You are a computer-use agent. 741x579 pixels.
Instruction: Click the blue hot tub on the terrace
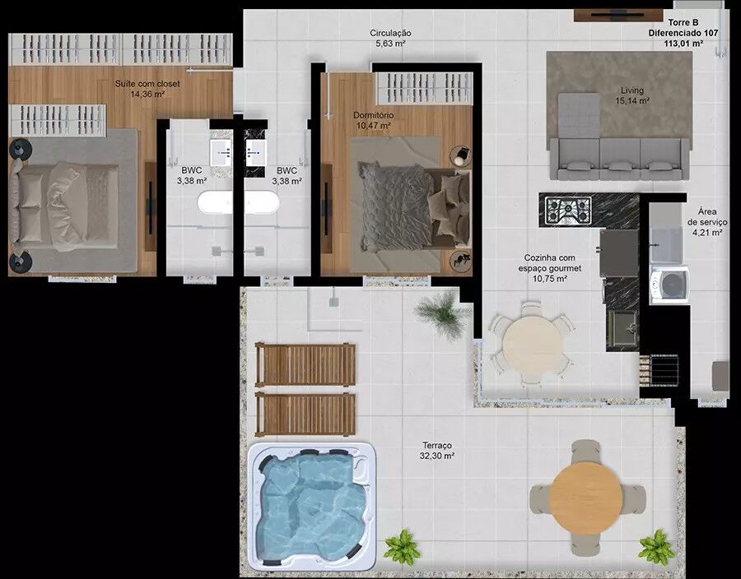312,506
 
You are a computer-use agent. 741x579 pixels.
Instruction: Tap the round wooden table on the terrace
586,497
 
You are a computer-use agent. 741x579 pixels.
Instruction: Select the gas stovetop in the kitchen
568,211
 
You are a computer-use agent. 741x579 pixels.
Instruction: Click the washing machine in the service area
669,285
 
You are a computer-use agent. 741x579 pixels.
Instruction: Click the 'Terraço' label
437,445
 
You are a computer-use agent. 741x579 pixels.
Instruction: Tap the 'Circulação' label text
390,33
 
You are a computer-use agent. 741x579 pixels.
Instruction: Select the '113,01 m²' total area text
683,44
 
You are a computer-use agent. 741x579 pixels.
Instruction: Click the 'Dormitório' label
373,114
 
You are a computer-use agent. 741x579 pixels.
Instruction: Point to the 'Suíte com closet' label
147,84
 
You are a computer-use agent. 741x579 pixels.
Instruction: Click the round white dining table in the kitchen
533,343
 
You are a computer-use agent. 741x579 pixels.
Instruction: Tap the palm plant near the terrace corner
441,313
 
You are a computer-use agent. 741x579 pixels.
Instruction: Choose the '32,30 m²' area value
437,456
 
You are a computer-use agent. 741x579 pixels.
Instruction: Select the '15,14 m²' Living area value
632,100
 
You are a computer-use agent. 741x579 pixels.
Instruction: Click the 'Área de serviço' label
707,222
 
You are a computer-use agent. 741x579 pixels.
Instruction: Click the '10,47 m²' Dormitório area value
373,126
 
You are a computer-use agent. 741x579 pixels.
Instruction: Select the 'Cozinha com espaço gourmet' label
550,263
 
